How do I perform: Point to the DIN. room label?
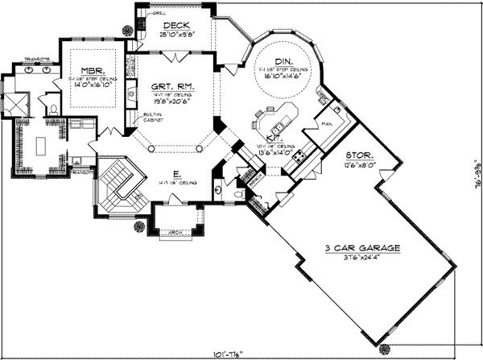[x=283, y=62]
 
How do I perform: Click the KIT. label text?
[x=273, y=138]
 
